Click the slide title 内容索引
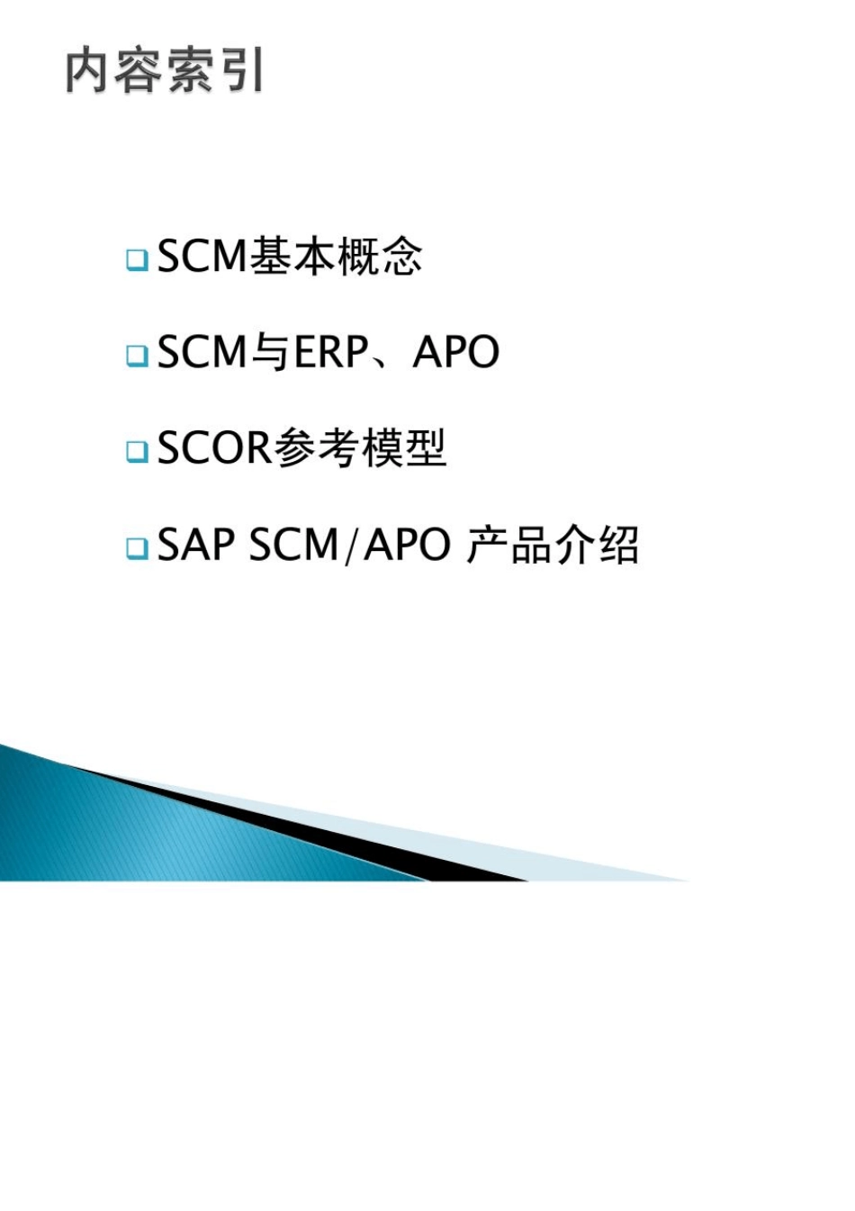tap(165, 71)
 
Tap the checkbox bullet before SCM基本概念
tap(137, 260)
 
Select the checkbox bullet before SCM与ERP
tap(137, 355)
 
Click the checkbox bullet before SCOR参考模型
tap(137, 450)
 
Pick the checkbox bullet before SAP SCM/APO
tap(137, 547)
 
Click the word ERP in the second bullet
tap(330, 352)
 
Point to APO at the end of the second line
tap(455, 352)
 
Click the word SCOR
tap(214, 447)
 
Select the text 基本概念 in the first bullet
tap(335, 257)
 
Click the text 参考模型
tap(359, 447)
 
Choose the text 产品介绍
tap(552, 544)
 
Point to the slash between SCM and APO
tap(351, 545)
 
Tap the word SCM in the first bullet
tap(202, 257)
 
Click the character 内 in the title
tap(87, 71)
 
